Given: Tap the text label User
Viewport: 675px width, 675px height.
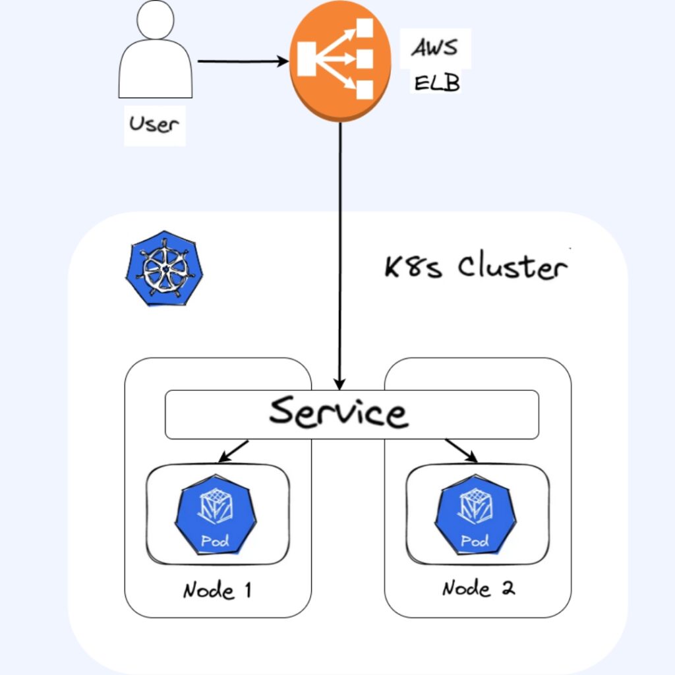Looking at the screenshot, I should pos(154,123).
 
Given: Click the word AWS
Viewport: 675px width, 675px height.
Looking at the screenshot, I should pos(436,48).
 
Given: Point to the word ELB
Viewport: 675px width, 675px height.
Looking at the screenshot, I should pos(436,83).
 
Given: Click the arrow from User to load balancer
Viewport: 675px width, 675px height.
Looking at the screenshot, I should pos(243,62).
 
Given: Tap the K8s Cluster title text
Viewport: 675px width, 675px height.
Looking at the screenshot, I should pos(475,268).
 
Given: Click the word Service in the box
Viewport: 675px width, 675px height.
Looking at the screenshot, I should pos(338,412).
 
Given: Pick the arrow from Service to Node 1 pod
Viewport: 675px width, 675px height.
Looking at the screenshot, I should pos(234,451).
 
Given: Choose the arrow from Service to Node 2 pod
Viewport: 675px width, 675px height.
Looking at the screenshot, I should pos(461,451).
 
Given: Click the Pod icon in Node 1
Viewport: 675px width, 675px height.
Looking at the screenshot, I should pos(215,517).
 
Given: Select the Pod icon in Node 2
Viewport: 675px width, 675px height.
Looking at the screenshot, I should pos(475,517).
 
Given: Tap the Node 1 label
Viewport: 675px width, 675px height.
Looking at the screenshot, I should pos(217,590).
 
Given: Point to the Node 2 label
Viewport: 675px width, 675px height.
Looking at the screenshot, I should pos(478,587).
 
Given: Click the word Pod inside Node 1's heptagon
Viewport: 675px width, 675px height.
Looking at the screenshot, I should pos(215,542).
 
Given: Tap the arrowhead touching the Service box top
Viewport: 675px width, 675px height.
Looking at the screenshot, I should pos(339,384).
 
